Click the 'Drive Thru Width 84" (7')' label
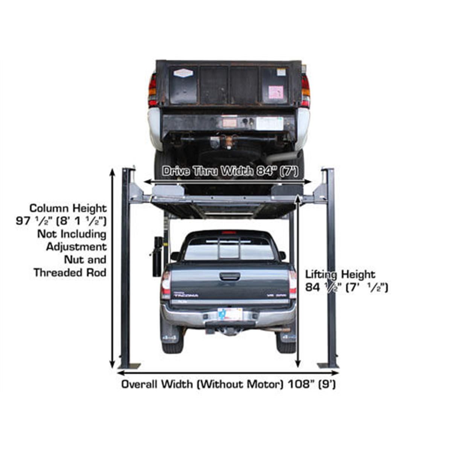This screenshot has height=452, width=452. pyautogui.click(x=230, y=171)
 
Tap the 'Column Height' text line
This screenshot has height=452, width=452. pyautogui.click(x=68, y=208)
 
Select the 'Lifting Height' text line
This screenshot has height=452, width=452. pyautogui.click(x=340, y=274)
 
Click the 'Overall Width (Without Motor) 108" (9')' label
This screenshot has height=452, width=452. pyautogui.click(x=228, y=385)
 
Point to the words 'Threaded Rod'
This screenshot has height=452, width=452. pyautogui.click(x=70, y=272)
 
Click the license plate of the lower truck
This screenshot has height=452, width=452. pyautogui.click(x=230, y=313)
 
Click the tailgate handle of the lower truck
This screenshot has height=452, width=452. pyautogui.click(x=229, y=276)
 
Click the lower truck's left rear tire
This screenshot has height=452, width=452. pyautogui.click(x=172, y=341)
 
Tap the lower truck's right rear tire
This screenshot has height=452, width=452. pyautogui.click(x=286, y=341)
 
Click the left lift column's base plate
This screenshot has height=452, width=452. pyautogui.click(x=129, y=366)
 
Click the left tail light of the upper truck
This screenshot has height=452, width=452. pyautogui.click(x=152, y=90)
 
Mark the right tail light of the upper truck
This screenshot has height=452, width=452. pyautogui.click(x=305, y=90)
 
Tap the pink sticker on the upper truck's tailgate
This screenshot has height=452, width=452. pyautogui.click(x=275, y=92)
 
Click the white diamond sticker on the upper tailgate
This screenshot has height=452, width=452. pyautogui.click(x=183, y=73)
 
